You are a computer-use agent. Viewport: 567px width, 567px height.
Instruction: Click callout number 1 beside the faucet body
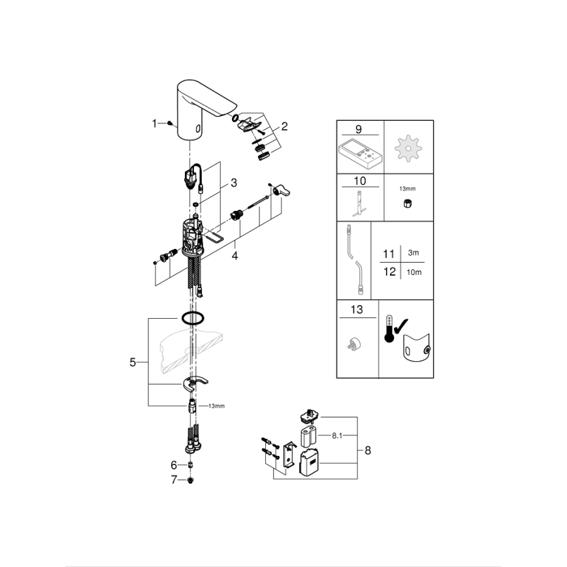tap(155, 123)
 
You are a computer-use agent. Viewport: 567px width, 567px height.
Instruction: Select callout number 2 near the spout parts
tap(284, 125)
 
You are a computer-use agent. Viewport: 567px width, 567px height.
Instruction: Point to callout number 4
tap(235, 255)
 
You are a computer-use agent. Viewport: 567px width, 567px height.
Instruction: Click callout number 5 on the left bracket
tap(133, 362)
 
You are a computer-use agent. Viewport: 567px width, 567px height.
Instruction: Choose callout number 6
tap(174, 465)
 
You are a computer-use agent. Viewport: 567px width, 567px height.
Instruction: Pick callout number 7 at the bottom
tap(174, 481)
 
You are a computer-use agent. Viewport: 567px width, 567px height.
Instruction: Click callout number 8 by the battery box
tap(368, 449)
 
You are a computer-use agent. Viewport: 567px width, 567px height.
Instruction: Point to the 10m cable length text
tap(413, 272)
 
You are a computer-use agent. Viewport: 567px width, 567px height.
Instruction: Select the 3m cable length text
tap(413, 253)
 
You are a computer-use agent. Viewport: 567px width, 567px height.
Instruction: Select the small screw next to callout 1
tap(170, 123)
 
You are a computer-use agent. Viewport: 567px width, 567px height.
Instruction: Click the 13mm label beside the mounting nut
tap(216, 406)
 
